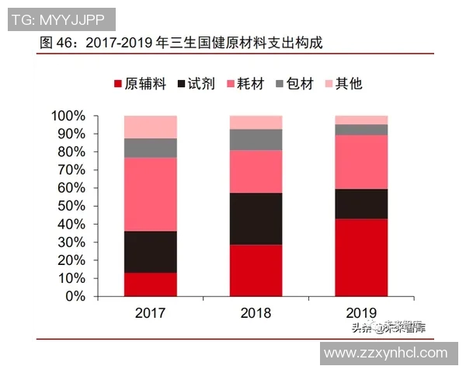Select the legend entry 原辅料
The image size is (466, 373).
[x=140, y=83]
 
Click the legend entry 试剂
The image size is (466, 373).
[x=200, y=83]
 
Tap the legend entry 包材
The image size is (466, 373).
[x=299, y=83]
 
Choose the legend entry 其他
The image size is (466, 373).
[x=348, y=83]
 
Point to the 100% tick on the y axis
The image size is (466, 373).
[x=68, y=116]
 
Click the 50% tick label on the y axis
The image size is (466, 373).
[x=71, y=206]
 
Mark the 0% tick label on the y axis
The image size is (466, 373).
[x=75, y=296]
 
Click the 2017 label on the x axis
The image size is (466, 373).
[x=150, y=313]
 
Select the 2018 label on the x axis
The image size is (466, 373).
[x=256, y=313]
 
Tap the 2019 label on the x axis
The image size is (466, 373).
[x=361, y=313]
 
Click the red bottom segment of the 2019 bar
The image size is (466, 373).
[x=361, y=257]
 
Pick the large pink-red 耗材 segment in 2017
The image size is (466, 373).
[x=150, y=194]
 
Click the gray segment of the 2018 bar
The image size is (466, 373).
[x=256, y=139]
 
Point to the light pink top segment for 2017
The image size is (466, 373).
[x=150, y=127]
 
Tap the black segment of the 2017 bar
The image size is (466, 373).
[x=150, y=252]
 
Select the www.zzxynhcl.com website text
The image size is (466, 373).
[x=385, y=353]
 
